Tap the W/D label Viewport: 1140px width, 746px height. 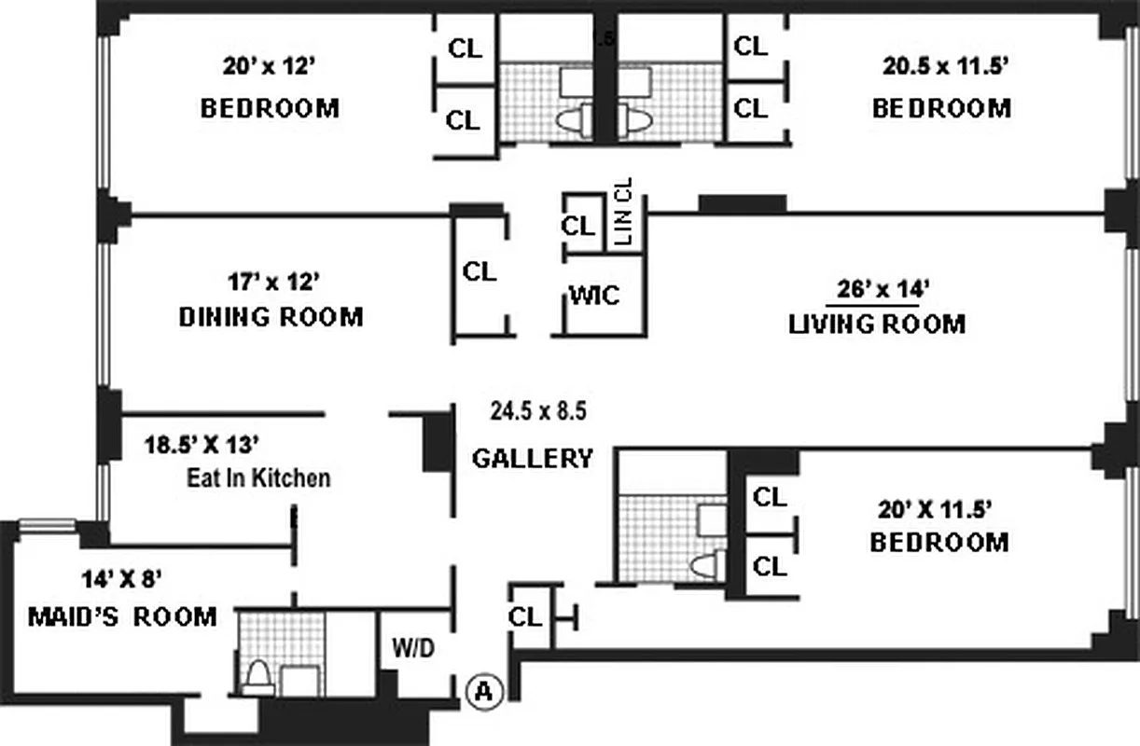pos(411,647)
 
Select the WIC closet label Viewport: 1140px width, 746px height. pos(594,296)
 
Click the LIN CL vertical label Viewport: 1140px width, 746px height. pos(625,212)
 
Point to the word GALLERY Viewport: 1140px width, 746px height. pos(532,458)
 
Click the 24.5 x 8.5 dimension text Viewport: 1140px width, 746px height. pos(538,410)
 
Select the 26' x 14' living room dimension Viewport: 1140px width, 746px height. pos(877,289)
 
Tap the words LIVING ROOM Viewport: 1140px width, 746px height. pos(877,324)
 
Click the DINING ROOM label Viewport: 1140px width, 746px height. pos(271,317)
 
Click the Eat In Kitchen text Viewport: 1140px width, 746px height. pos(258,478)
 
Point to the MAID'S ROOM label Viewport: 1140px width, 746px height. pos(122,616)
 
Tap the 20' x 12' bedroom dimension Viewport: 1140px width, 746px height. pos(270,66)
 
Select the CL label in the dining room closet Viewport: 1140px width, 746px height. pos(480,271)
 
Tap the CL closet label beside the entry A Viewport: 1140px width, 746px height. pos(525,616)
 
